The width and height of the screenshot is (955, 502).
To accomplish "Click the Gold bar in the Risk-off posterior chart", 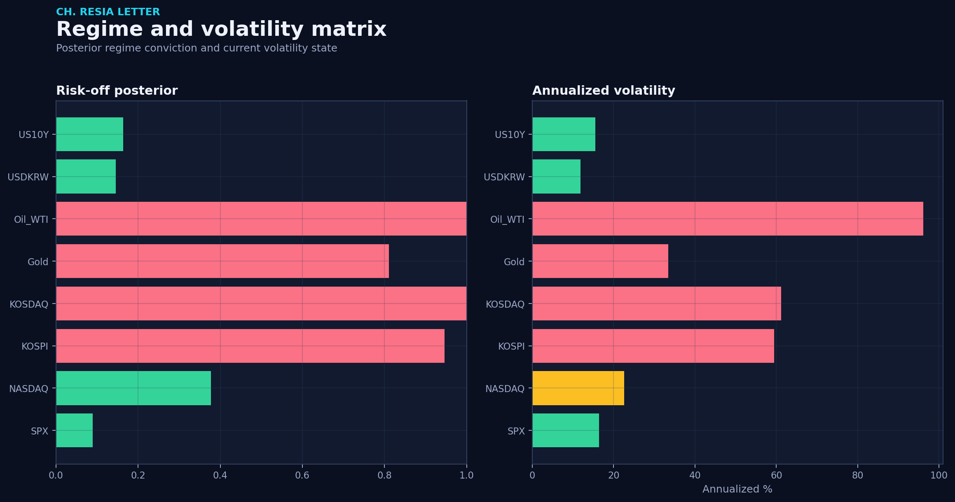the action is (222, 261).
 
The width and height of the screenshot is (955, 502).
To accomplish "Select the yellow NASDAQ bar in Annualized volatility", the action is (578, 388).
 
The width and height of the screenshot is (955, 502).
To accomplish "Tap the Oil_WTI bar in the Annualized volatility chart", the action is (728, 219).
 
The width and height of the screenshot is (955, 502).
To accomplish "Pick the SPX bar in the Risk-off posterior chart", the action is (75, 430).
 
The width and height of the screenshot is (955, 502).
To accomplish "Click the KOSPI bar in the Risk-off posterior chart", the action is (250, 346).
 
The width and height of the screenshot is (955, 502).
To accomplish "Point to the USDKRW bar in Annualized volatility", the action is (557, 177).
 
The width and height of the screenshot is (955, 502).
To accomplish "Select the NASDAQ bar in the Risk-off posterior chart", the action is (133, 388).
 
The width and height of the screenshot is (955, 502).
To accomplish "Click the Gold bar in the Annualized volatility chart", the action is (600, 261).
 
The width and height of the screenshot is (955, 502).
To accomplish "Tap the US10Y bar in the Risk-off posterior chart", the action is (90, 134).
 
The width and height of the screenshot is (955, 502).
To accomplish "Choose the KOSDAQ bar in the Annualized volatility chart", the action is (657, 304).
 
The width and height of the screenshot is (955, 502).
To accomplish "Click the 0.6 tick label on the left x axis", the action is (302, 476).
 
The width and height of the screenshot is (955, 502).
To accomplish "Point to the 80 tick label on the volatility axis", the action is (858, 476).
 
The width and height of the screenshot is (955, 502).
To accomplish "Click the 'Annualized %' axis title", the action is (737, 489).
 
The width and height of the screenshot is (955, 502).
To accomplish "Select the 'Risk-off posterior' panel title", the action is (117, 91).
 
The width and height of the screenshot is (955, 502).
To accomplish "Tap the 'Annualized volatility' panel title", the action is (604, 91).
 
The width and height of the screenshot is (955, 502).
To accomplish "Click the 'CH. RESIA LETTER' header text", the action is (108, 12).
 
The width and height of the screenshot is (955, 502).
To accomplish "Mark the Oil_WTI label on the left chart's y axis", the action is (31, 219).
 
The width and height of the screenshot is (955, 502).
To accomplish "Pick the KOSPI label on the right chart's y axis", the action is (511, 346).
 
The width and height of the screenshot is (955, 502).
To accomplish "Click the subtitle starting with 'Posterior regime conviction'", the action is (197, 48).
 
